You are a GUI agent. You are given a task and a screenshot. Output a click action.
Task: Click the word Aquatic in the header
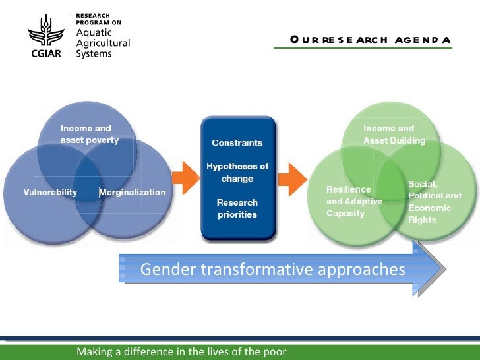95,33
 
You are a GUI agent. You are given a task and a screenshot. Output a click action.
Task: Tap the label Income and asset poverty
90,134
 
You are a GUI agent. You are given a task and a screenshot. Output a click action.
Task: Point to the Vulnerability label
42,192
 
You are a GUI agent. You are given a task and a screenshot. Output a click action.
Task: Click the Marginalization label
132,192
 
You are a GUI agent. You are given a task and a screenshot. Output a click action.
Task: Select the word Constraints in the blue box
237,143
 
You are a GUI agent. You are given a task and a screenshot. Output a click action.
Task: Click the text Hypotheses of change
237,173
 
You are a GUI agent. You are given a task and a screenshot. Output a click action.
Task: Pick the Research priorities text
237,208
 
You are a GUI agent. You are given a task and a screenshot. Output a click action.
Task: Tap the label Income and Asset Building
394,134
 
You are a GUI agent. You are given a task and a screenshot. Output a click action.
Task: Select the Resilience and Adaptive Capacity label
354,201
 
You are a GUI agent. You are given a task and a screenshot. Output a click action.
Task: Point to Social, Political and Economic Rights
435,201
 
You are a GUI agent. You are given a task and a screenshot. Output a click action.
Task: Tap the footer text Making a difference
181,351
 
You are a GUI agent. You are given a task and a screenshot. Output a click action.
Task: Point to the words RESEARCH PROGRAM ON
99,18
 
